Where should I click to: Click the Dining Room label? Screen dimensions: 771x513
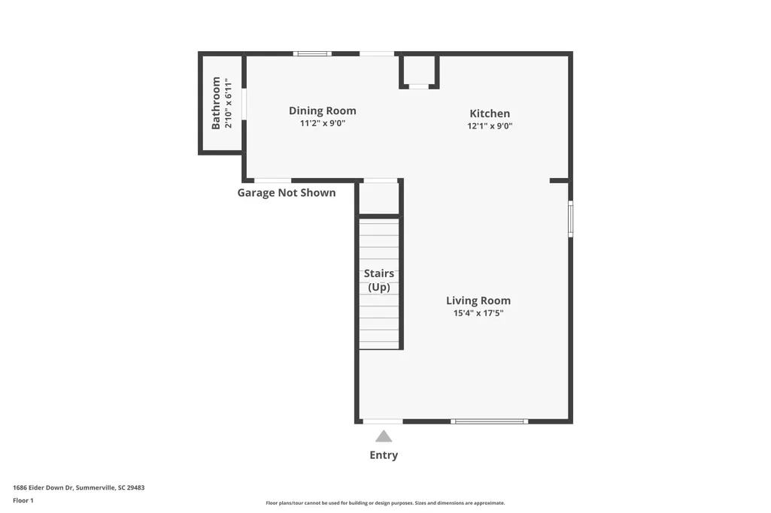pos(323,111)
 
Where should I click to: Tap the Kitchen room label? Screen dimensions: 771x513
pos(490,113)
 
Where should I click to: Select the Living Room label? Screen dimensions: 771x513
pos(478,300)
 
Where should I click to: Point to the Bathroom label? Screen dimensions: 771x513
pos(216,103)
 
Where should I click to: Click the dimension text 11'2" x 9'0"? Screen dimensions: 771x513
pos(323,123)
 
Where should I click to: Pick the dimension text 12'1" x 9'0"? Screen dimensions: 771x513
pos(490,125)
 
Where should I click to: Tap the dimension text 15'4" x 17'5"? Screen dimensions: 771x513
pos(478,313)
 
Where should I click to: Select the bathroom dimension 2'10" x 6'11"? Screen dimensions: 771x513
pos(228,103)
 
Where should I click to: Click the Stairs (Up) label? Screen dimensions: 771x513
pos(379,280)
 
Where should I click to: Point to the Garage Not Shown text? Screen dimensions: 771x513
pos(287,192)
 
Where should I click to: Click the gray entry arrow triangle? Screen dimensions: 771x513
pos(384,436)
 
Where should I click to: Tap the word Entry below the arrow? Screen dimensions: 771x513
pos(384,455)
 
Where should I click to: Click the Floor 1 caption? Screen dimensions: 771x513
pos(23,501)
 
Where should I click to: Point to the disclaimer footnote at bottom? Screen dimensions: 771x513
pos(385,502)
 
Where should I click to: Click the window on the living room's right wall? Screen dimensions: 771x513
pos(570,219)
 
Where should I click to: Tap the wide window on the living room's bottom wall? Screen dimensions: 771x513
pos(489,421)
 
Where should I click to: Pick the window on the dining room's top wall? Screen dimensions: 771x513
pos(312,53)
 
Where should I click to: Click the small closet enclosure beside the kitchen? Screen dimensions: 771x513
pos(419,71)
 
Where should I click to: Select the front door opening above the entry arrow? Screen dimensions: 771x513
pos(383,421)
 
